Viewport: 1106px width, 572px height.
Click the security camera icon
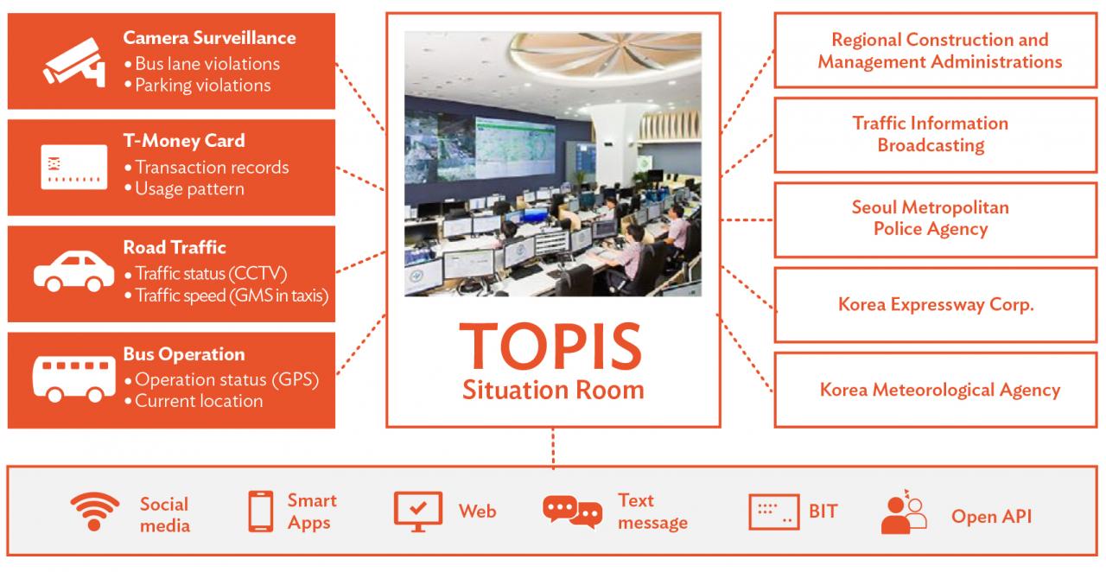(75, 62)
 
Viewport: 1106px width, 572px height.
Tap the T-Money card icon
(74, 167)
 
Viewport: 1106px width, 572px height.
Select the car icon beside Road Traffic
(74, 271)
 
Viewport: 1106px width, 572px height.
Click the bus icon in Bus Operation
(74, 378)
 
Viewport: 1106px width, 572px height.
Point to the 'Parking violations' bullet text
(198, 86)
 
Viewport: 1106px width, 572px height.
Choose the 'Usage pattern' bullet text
(185, 189)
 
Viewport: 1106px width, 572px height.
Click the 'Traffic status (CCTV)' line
(206, 274)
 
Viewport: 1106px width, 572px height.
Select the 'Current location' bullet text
(194, 401)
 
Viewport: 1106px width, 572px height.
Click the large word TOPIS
(550, 346)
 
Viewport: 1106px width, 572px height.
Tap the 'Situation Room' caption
(553, 391)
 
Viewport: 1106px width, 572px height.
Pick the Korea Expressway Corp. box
(936, 305)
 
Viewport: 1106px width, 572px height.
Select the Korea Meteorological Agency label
(940, 391)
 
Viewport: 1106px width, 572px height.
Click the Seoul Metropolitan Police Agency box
(936, 219)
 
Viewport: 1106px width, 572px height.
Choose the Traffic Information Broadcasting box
(936, 135)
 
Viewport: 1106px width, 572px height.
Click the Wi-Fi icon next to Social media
(95, 512)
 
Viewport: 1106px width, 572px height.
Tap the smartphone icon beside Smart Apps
(260, 512)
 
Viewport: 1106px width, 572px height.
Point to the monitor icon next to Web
(417, 512)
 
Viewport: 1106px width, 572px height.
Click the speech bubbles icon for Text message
(572, 512)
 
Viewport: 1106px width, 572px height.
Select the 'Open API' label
(991, 516)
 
